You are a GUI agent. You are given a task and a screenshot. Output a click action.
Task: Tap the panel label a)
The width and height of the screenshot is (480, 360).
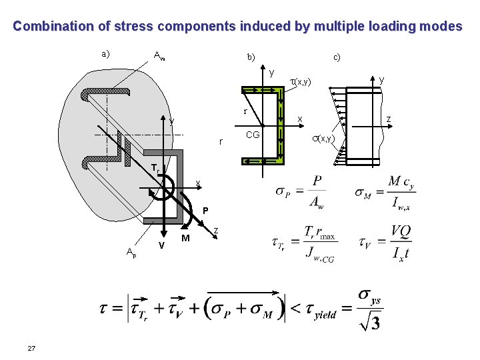coord(105,53)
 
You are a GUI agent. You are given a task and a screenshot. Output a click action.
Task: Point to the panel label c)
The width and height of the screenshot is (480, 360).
coord(337,57)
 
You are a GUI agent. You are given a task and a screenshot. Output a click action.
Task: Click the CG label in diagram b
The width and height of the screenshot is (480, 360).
coord(253,135)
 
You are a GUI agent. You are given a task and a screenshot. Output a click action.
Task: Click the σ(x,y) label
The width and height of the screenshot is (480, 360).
coord(323,138)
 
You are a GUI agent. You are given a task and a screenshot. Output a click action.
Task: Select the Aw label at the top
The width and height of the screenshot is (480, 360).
coord(159,55)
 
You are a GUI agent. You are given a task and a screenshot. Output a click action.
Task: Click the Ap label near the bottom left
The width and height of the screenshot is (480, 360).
coord(131,251)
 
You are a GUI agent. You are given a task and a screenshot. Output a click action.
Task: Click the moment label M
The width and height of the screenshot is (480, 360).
coord(186,239)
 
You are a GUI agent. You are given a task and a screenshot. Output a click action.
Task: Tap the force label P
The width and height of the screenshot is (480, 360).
coord(205,211)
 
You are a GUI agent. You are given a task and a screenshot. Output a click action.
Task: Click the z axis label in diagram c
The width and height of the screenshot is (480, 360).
coord(390,120)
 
